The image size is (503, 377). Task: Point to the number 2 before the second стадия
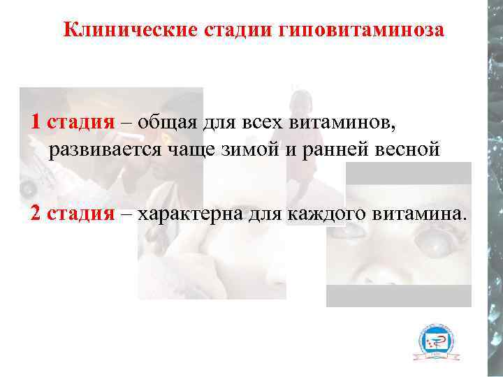(x=35, y=212)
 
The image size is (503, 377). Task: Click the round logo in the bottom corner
(x=436, y=341)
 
